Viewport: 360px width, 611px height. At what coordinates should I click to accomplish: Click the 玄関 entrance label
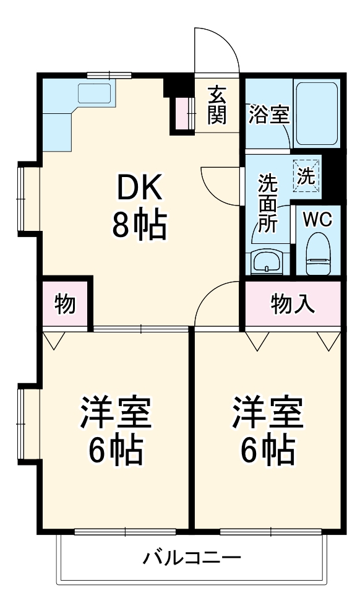[x=216, y=105]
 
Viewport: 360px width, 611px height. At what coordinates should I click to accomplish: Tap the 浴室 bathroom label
[x=269, y=115]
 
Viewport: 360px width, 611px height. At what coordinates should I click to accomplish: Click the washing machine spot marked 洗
[x=306, y=174]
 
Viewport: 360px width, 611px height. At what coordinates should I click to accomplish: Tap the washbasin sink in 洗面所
[x=267, y=262]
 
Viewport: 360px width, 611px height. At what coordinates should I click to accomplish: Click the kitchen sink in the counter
[x=94, y=93]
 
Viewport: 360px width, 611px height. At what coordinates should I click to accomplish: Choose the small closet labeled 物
[x=65, y=305]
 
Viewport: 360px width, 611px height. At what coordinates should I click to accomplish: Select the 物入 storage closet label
[x=293, y=304]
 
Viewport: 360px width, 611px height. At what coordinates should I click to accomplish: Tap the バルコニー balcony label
[x=192, y=558]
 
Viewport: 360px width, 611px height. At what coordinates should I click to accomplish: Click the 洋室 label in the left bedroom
[x=115, y=414]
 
